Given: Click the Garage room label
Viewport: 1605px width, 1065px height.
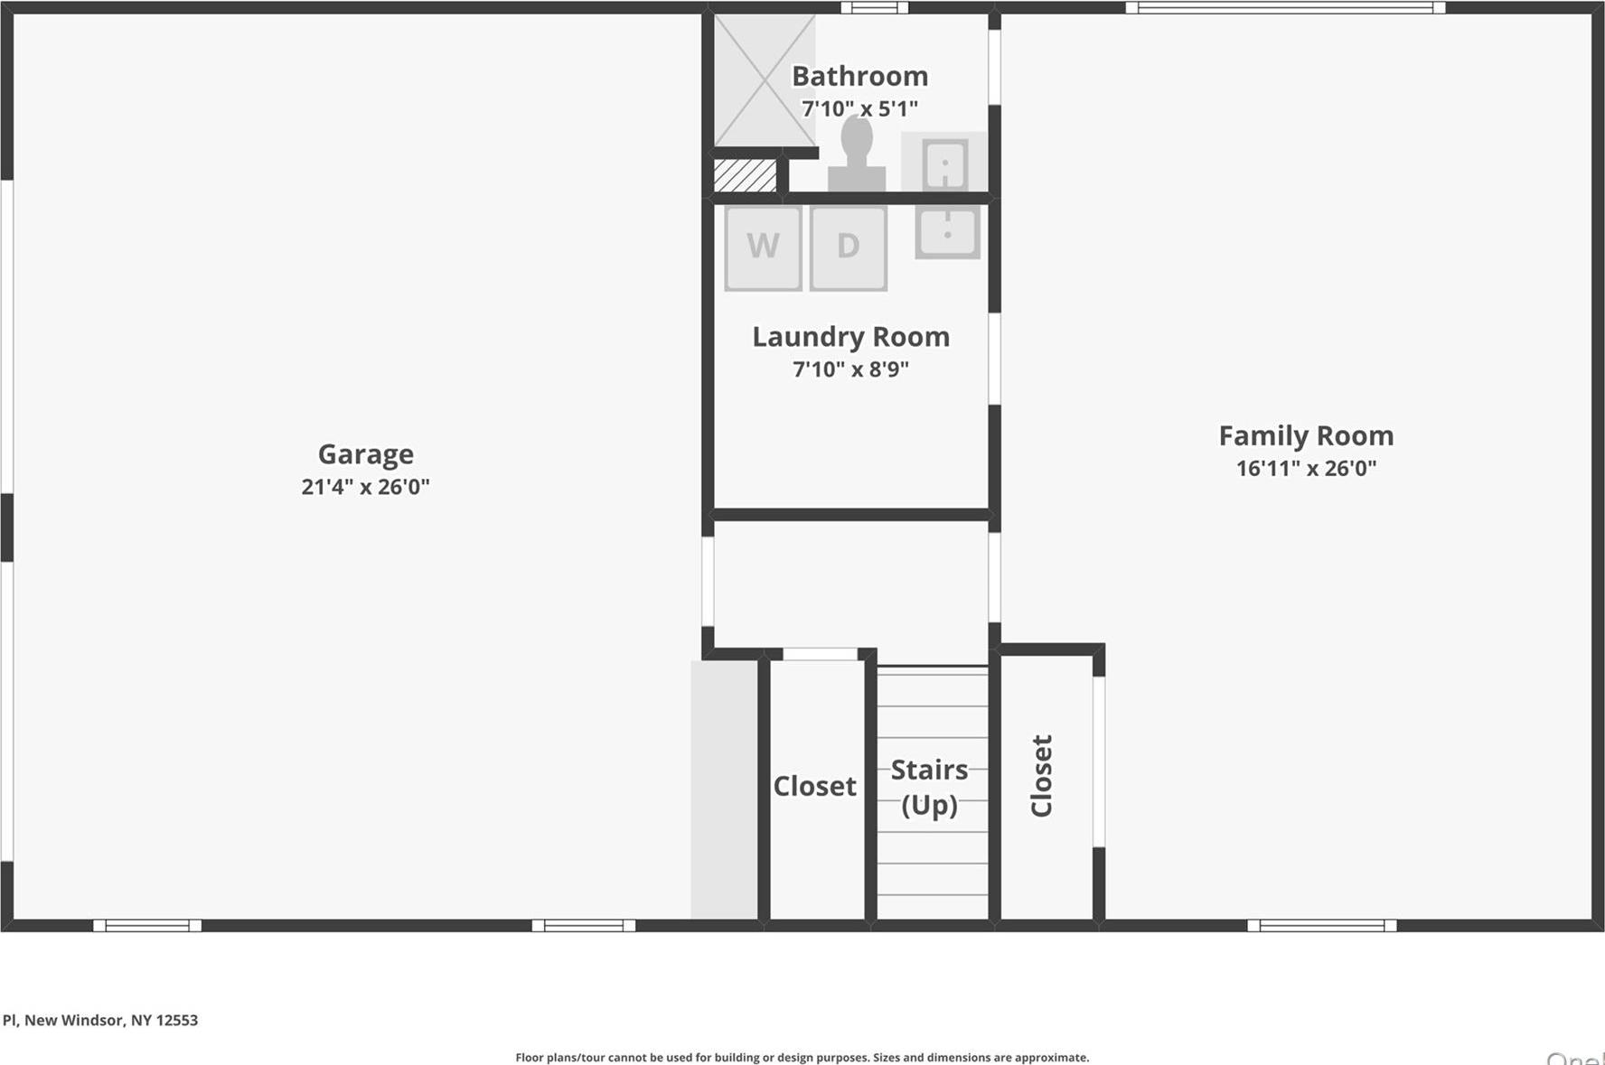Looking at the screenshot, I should coord(365,453).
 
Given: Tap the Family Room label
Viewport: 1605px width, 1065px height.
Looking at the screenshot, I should coord(1306,435).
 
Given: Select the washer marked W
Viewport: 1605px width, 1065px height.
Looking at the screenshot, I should coord(763,247).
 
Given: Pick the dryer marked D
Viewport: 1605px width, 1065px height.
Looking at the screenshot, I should coord(848,247).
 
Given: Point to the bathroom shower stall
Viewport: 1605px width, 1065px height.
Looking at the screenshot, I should coord(764,79).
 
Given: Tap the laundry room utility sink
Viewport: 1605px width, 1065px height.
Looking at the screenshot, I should coord(947,230).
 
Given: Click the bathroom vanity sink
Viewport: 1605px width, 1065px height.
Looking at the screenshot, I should coord(944,163).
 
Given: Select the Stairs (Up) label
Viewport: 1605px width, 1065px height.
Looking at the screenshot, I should coord(929,786).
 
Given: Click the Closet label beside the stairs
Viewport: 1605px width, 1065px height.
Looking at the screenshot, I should coord(814,786).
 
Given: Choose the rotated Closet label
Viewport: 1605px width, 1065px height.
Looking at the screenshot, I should coord(1042,775).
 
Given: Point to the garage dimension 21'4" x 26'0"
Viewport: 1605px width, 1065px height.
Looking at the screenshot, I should coord(365,487).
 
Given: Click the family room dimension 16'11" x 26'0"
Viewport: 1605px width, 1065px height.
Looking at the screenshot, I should coord(1306,468).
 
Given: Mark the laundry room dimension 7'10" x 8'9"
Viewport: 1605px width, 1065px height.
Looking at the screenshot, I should coord(850,369).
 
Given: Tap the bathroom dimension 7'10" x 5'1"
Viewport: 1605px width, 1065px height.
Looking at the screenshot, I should coord(859,108).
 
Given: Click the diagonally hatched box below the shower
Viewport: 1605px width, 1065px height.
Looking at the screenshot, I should coord(745,175).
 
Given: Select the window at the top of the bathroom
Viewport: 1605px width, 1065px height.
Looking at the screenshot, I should coord(874,8).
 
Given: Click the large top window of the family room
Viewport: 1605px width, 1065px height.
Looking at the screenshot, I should coord(1284,8).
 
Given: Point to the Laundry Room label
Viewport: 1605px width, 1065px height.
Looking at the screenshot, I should coord(850,336).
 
